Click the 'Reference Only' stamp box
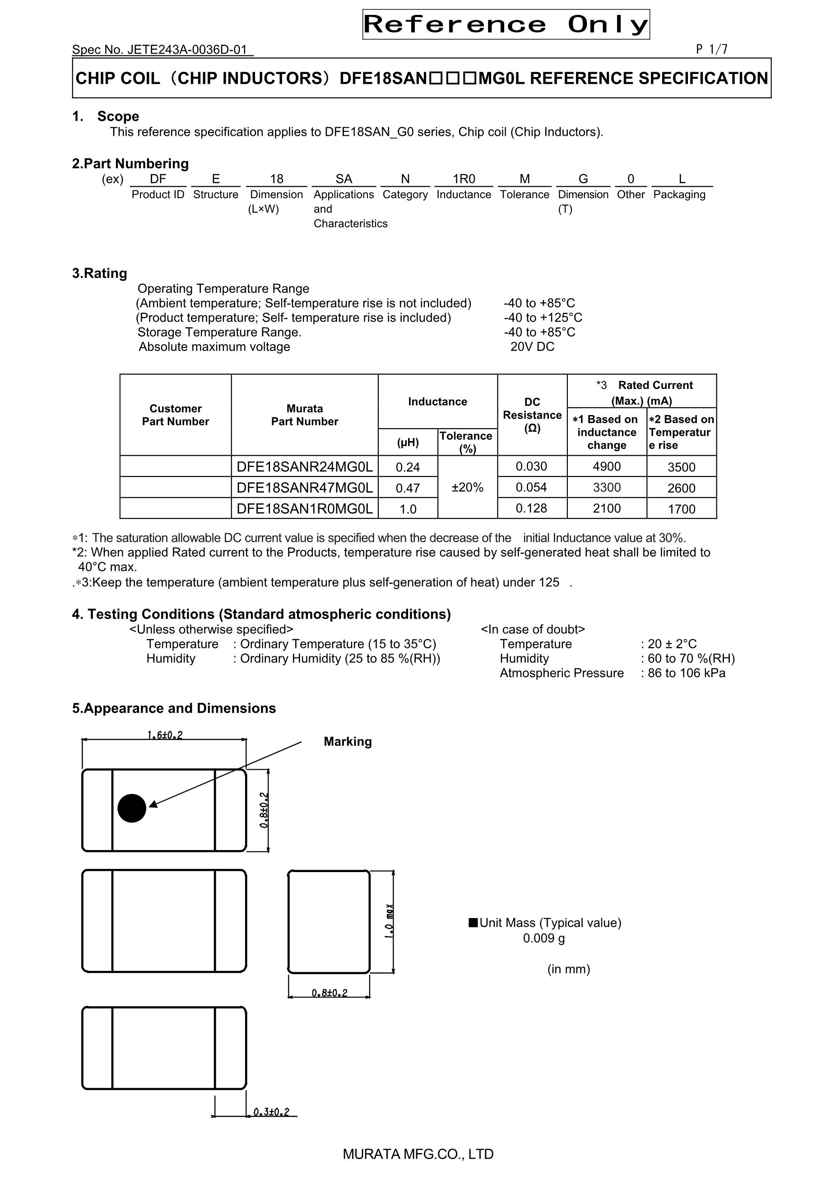[506, 24]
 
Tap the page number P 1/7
[711, 50]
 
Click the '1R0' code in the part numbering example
[464, 179]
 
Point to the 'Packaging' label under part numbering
[679, 194]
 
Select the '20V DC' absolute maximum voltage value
[532, 346]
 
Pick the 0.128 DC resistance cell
[532, 508]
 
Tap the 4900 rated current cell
[606, 466]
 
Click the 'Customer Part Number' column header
[175, 415]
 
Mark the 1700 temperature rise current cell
[681, 509]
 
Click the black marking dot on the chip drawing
[132, 808]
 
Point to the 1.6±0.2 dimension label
[165, 735]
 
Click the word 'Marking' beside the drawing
[348, 742]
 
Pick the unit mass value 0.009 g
[543, 938]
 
